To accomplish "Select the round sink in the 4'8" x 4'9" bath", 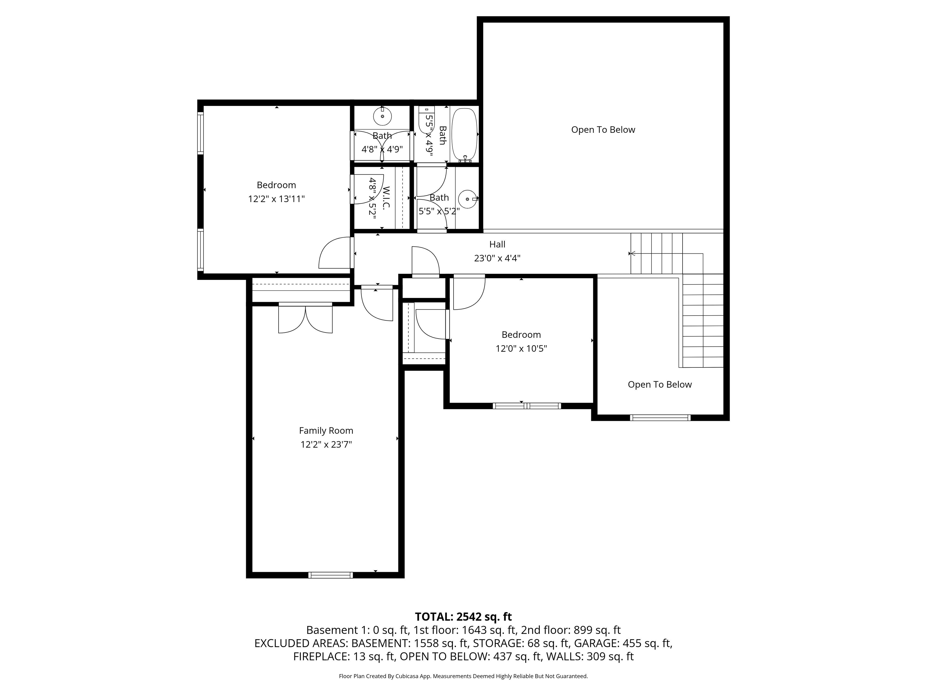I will (382, 116).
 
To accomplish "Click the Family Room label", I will (326, 431).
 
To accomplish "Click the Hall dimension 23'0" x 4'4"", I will (497, 259).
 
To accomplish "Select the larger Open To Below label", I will (603, 130).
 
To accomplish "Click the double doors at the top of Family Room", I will (305, 318).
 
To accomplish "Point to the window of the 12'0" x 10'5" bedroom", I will (527, 405).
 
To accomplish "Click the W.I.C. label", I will (386, 198).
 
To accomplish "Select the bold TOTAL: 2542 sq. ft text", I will (463, 617).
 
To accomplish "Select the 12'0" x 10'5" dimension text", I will (521, 348).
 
